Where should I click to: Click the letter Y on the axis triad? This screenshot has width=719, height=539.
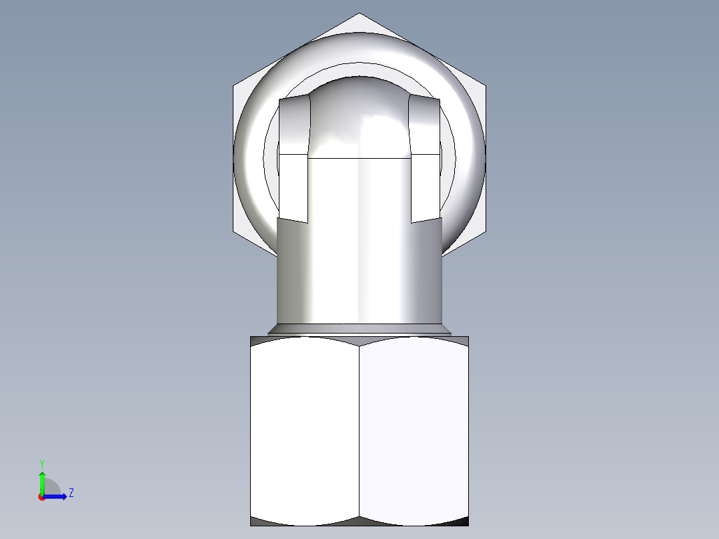41,462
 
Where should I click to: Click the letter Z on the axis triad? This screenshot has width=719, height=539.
71,493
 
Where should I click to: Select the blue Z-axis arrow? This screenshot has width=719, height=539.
57,496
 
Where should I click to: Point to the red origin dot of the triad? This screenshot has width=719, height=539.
41,496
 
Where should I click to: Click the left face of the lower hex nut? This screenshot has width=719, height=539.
305,430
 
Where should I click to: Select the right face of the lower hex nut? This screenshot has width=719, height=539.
414,430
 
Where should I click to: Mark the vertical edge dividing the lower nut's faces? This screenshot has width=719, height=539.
359,430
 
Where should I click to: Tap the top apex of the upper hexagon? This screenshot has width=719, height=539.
359,14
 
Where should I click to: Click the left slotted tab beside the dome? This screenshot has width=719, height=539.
293,160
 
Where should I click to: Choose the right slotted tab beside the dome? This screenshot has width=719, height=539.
425,160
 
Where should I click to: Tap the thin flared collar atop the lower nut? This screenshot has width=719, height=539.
359,330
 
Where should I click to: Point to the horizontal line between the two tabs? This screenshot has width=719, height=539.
359,158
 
